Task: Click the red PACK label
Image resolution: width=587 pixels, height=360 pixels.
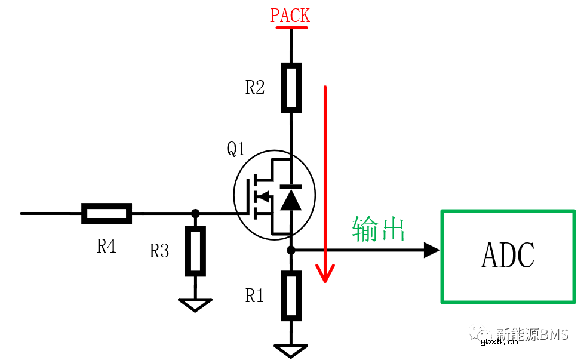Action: tap(290, 16)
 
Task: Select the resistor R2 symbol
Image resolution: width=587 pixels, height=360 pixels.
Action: tap(291, 88)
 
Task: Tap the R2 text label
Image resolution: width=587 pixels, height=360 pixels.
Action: tap(255, 88)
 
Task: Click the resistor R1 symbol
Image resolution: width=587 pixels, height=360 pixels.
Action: tap(291, 295)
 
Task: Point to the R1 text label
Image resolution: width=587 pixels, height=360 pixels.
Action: tap(255, 296)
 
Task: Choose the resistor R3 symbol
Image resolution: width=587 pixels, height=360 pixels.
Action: tap(195, 251)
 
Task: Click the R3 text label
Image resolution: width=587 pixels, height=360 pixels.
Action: tap(159, 251)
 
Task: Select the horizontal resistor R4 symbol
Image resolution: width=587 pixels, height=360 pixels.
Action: tap(106, 213)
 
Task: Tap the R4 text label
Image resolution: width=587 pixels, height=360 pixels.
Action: tap(106, 246)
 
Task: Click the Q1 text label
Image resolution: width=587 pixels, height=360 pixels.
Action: tap(236, 149)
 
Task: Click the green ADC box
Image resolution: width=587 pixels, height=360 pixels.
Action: tap(508, 256)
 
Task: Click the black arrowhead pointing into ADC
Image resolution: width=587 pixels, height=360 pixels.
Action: tap(432, 250)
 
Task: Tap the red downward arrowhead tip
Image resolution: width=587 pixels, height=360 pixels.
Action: tap(325, 279)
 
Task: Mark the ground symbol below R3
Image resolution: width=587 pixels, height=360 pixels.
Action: tap(195, 305)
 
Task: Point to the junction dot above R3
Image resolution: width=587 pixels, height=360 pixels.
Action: tap(195, 213)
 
